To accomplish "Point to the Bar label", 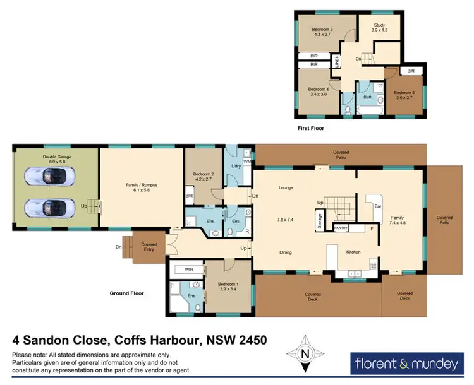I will tap(379, 206).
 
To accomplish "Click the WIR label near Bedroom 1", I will tap(188, 269).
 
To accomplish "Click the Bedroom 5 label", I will tap(404, 95).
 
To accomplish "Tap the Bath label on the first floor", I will tap(367, 98).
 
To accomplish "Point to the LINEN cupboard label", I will tap(337, 62).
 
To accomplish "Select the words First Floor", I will tap(312, 128).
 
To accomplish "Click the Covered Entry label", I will tap(149, 246).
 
